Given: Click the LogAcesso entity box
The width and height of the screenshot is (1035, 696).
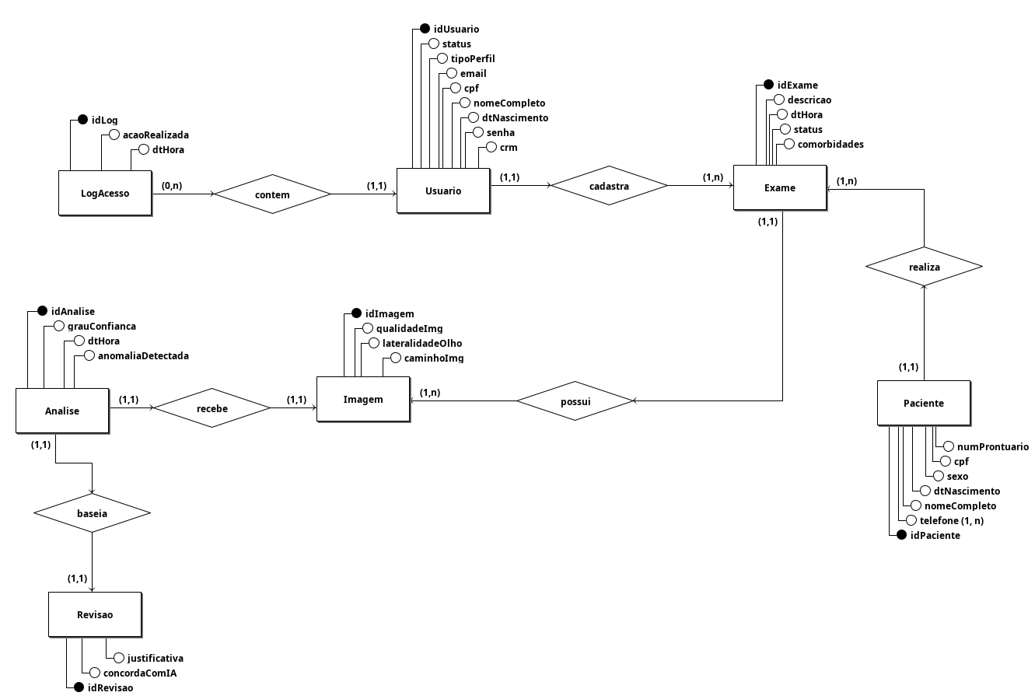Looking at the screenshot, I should click(105, 193).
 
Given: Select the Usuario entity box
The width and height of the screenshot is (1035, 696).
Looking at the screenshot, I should click(443, 191).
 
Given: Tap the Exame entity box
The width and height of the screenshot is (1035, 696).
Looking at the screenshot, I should click(779, 187).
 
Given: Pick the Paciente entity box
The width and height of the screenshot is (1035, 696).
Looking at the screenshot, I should click(923, 403).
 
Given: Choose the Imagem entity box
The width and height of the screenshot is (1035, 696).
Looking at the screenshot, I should click(363, 399).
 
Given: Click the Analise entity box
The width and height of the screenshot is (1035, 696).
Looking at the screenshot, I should click(62, 411).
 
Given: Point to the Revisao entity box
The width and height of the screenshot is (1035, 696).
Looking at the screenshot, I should click(95, 614).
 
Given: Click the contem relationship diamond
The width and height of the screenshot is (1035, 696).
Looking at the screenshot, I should click(272, 194).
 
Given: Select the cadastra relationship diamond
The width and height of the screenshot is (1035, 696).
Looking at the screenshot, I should click(609, 186).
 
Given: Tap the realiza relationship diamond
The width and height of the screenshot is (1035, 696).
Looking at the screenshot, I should click(924, 267).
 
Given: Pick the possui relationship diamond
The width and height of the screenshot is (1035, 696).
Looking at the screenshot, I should click(575, 401).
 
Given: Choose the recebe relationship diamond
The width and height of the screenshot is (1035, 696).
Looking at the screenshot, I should click(212, 407).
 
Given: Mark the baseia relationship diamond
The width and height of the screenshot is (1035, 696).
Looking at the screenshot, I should click(92, 513).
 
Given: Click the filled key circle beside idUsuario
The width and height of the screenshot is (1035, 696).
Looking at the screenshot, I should click(425, 29).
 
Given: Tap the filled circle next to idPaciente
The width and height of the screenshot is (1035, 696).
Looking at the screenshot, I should click(900, 535).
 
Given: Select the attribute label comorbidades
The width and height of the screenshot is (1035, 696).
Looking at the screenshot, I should click(830, 144).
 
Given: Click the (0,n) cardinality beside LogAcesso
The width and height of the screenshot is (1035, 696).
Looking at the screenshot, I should click(172, 186).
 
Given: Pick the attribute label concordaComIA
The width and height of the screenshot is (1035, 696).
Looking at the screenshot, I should click(140, 673).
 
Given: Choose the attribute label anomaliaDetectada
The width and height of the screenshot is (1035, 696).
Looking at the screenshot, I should click(143, 355).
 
